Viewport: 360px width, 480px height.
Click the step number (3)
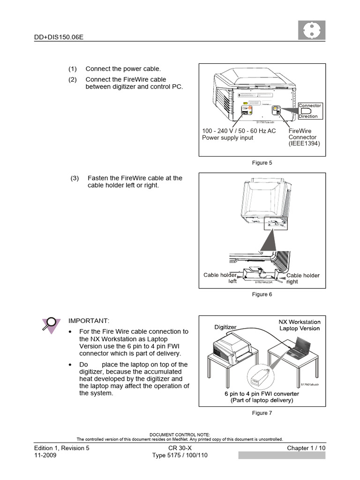[x=75, y=178]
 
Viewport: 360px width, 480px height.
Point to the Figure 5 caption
[x=262, y=163]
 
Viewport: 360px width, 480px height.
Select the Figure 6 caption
[x=262, y=294]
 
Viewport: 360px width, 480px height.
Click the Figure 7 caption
[x=262, y=413]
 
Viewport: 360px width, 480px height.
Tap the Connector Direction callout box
[x=309, y=111]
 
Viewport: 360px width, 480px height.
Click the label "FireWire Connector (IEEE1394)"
[x=304, y=137]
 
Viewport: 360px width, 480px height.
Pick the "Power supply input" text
[x=227, y=138]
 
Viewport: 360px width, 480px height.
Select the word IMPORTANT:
[x=89, y=321]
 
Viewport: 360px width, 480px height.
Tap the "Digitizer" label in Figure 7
[x=225, y=327]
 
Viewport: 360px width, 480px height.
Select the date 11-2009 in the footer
[x=45, y=455]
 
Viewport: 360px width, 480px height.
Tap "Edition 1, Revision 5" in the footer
[x=61, y=448]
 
